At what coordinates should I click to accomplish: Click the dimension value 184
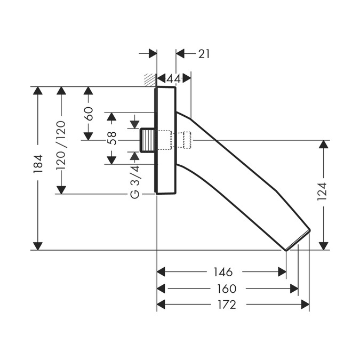click(37, 164)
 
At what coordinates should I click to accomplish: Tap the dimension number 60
click(89, 114)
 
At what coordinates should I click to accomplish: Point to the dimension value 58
click(111, 138)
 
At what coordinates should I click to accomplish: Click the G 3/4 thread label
click(135, 181)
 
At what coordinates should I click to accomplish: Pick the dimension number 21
click(204, 53)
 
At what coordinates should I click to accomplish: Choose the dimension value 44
click(173, 79)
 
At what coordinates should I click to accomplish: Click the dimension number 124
click(322, 191)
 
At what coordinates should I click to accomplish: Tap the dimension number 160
click(226, 289)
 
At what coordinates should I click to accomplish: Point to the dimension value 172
click(226, 305)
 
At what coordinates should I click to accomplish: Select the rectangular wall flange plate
click(165, 140)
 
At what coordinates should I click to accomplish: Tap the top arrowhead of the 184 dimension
click(37, 91)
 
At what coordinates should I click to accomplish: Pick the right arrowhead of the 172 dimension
click(305, 305)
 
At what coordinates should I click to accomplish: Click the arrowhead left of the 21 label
click(180, 53)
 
